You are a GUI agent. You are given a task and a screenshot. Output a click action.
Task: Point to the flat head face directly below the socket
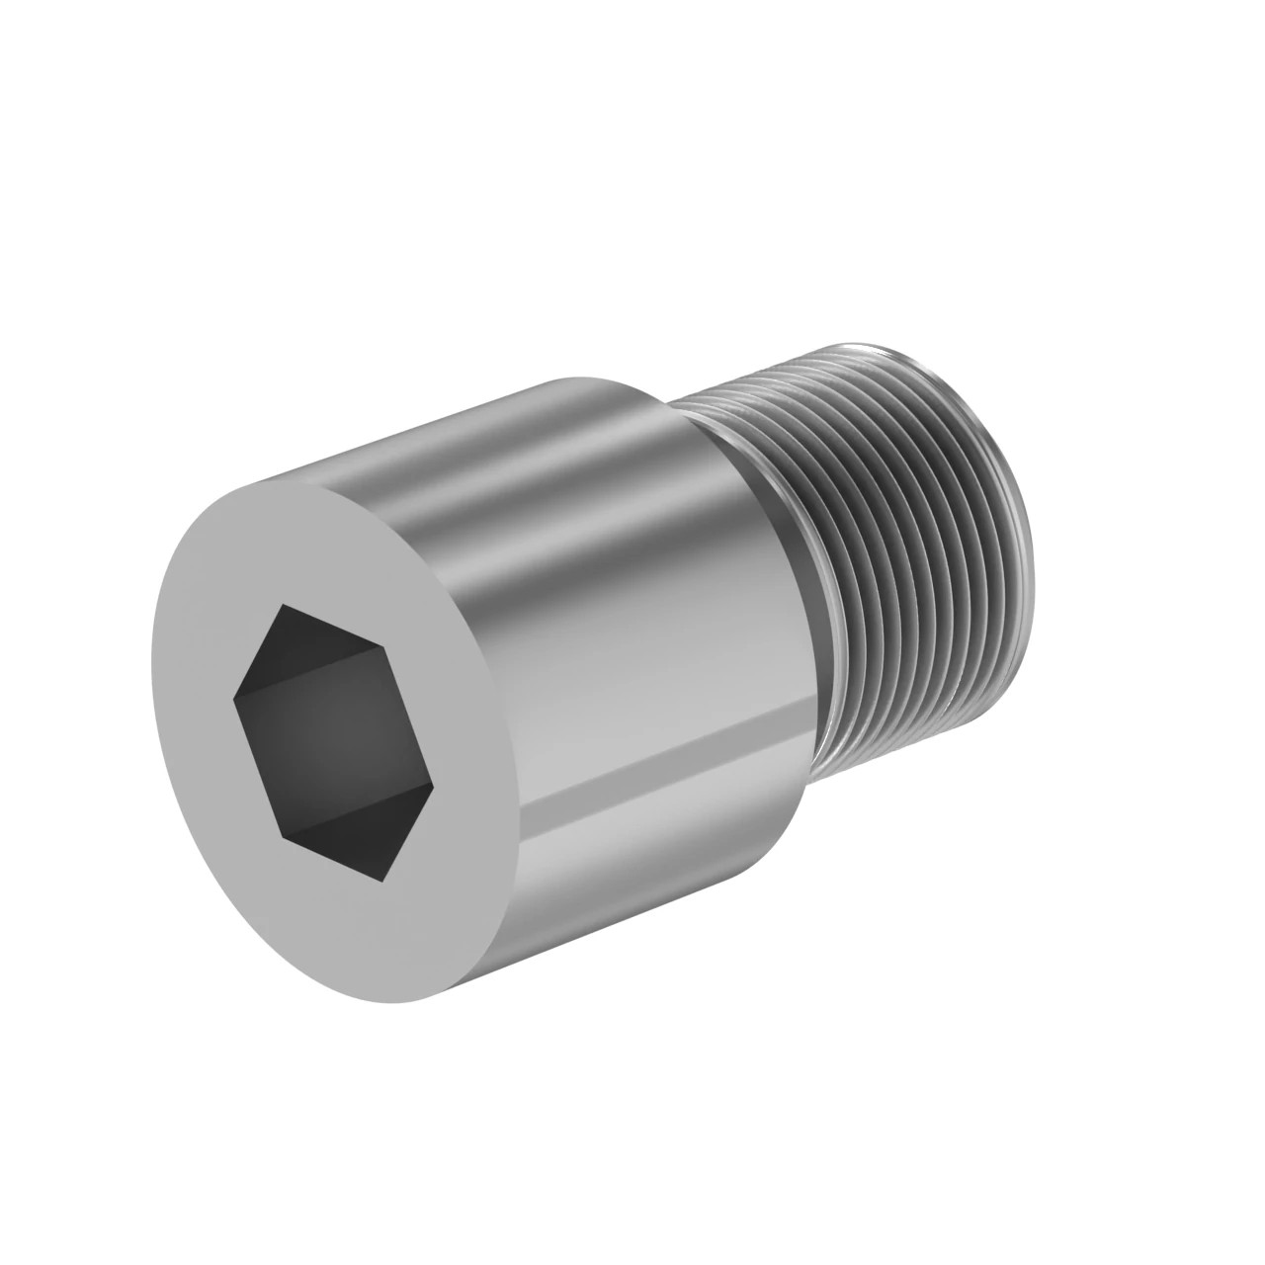click(395, 939)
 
